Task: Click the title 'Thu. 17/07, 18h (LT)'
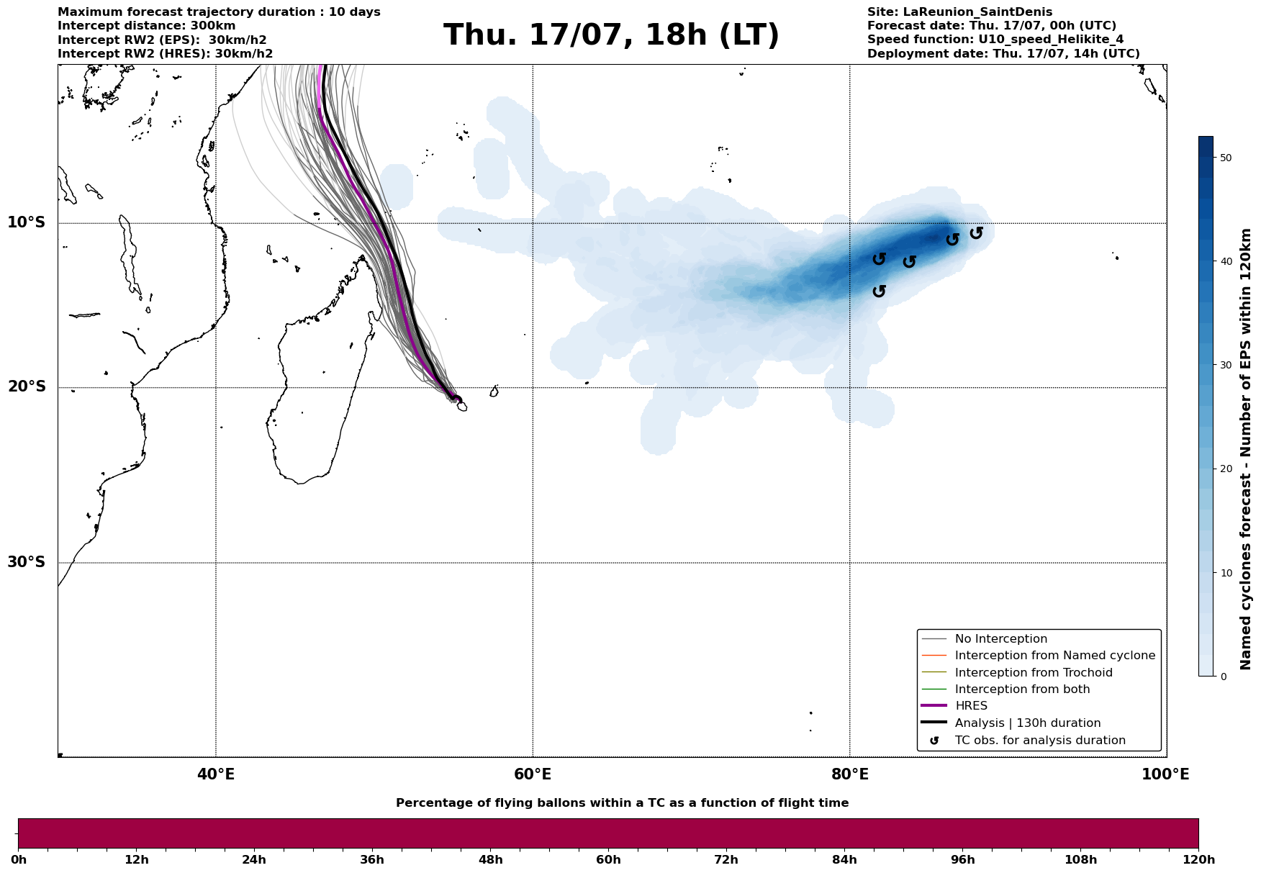click(611, 35)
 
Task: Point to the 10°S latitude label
click(27, 222)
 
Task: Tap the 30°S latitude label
click(27, 562)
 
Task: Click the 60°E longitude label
click(533, 774)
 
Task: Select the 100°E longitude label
click(1165, 774)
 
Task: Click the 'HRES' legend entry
click(971, 706)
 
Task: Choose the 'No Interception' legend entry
click(1000, 639)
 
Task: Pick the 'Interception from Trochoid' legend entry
click(1033, 673)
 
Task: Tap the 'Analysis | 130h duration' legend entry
click(1027, 723)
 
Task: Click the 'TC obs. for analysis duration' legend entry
click(1039, 741)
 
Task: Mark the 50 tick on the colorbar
click(1226, 158)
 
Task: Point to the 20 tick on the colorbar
click(1226, 469)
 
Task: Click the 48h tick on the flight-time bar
click(491, 859)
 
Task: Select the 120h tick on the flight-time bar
click(1198, 859)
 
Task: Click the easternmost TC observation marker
click(976, 232)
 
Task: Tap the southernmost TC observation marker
click(879, 291)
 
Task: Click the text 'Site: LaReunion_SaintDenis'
click(959, 12)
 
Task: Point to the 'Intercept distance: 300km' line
click(146, 26)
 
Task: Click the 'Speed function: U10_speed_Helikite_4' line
click(995, 40)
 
